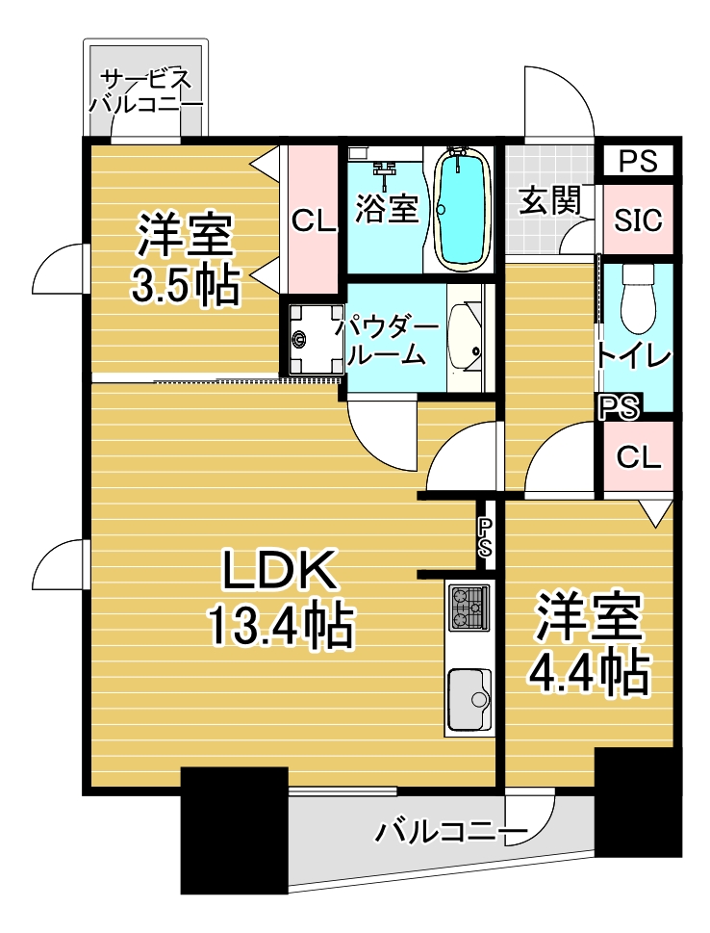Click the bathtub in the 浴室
tap(463, 209)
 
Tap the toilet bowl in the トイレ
tap(638, 298)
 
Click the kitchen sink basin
tap(469, 699)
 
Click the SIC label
tap(638, 220)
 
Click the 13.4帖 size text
tap(280, 626)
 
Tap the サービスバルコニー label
tap(145, 91)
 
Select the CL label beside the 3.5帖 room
tap(314, 222)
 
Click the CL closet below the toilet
tap(638, 457)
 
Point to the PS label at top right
tap(638, 161)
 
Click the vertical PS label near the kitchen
tap(486, 536)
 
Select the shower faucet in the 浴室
tap(386, 169)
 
